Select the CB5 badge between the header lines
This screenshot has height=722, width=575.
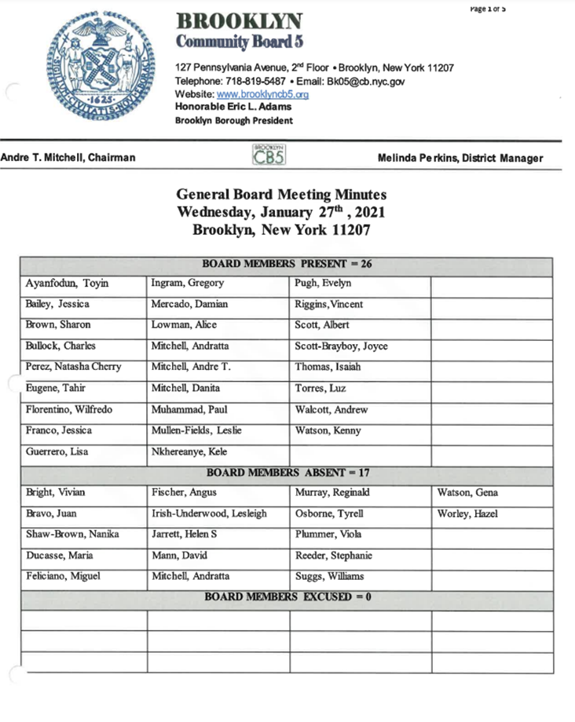click(268, 154)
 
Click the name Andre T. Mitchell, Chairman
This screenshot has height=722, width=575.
click(68, 158)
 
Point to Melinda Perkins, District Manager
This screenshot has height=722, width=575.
click(460, 159)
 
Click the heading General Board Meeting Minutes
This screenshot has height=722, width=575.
click(281, 195)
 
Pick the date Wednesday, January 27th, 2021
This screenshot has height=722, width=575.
click(281, 213)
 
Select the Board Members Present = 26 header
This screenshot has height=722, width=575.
click(287, 264)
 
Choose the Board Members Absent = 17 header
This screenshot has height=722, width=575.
click(287, 473)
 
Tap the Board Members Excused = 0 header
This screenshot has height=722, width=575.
click(287, 598)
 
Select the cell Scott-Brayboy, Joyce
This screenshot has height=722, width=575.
click(341, 346)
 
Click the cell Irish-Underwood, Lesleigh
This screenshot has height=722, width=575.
click(209, 515)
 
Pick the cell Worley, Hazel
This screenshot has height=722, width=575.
click(467, 515)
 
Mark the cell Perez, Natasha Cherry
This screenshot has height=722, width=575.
click(72, 368)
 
